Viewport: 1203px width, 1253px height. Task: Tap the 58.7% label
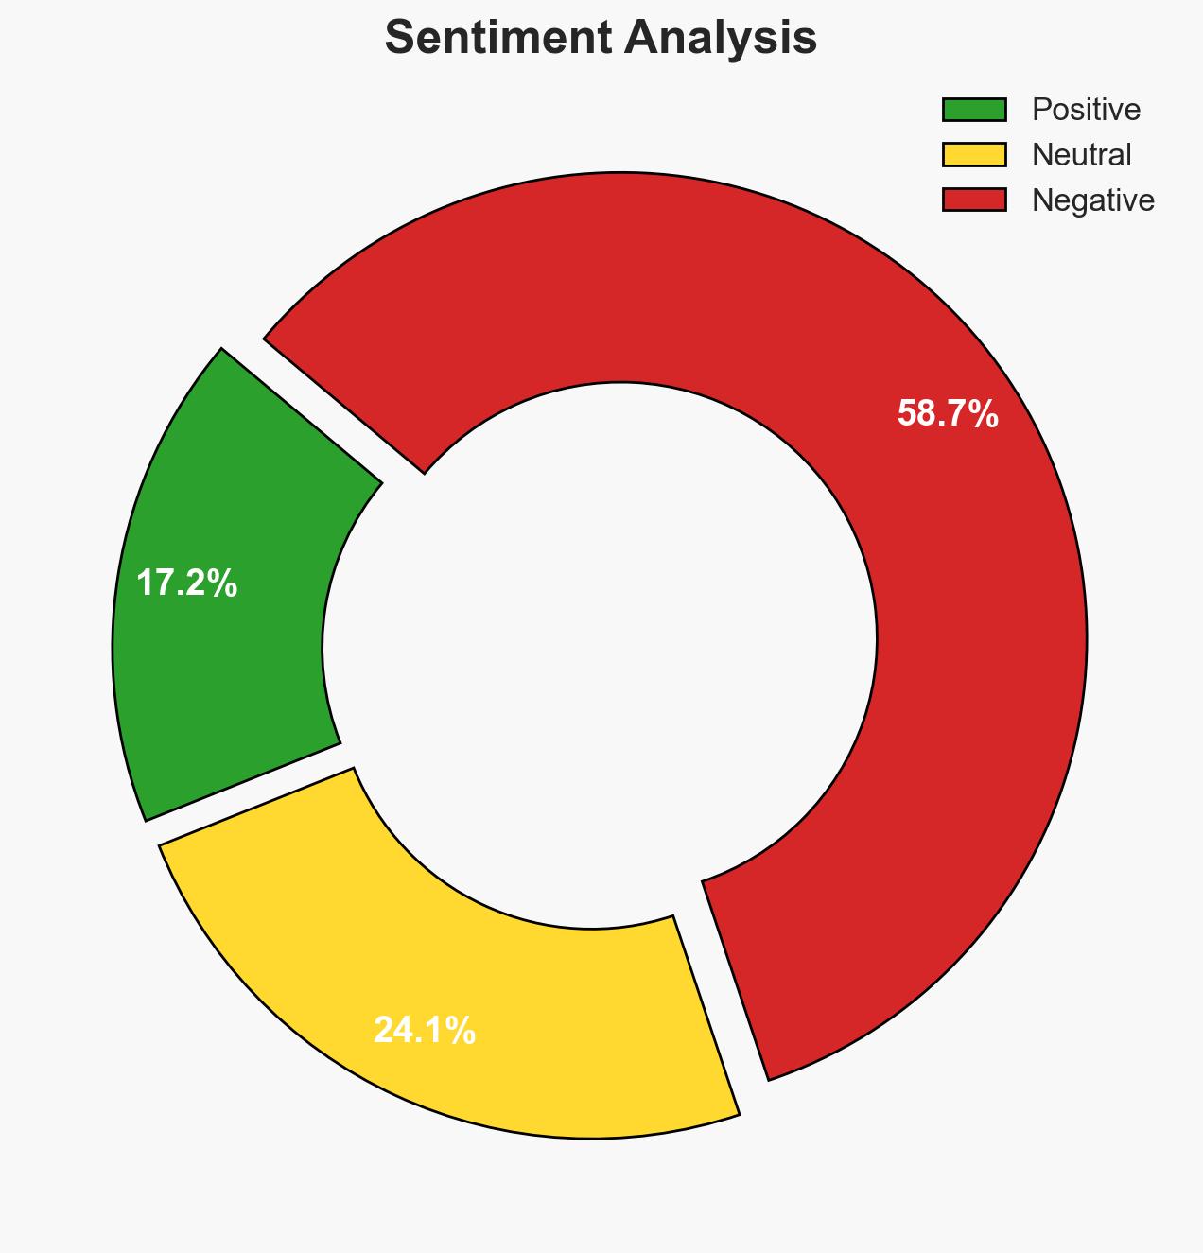pos(948,414)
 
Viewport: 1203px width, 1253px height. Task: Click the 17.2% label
pos(186,583)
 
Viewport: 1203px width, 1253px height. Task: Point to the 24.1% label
pos(425,1030)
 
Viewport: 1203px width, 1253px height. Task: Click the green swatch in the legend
pos(974,110)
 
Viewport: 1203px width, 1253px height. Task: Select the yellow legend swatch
pos(974,154)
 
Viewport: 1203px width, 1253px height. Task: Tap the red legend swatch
pos(974,200)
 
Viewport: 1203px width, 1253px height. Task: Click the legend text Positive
pos(1086,110)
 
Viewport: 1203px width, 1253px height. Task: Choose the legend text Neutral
pos(1081,154)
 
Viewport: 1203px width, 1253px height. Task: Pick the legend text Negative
pos(1092,200)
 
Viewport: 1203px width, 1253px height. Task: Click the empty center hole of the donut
pos(600,653)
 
